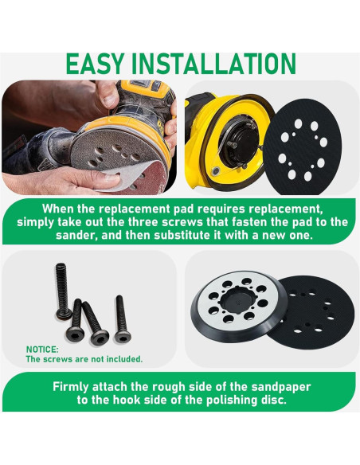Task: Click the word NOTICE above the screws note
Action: [x=42, y=349]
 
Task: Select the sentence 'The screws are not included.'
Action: [x=84, y=359]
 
